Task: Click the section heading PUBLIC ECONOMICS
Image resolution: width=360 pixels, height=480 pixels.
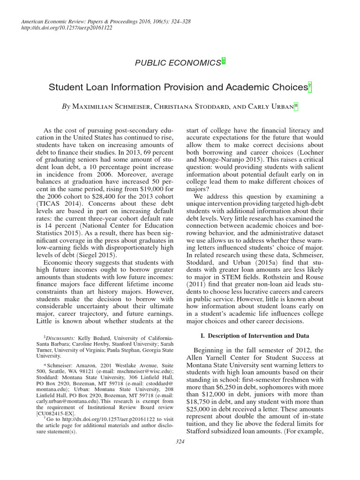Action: [178, 62]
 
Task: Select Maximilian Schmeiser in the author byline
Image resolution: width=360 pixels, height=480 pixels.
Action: [112, 107]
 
